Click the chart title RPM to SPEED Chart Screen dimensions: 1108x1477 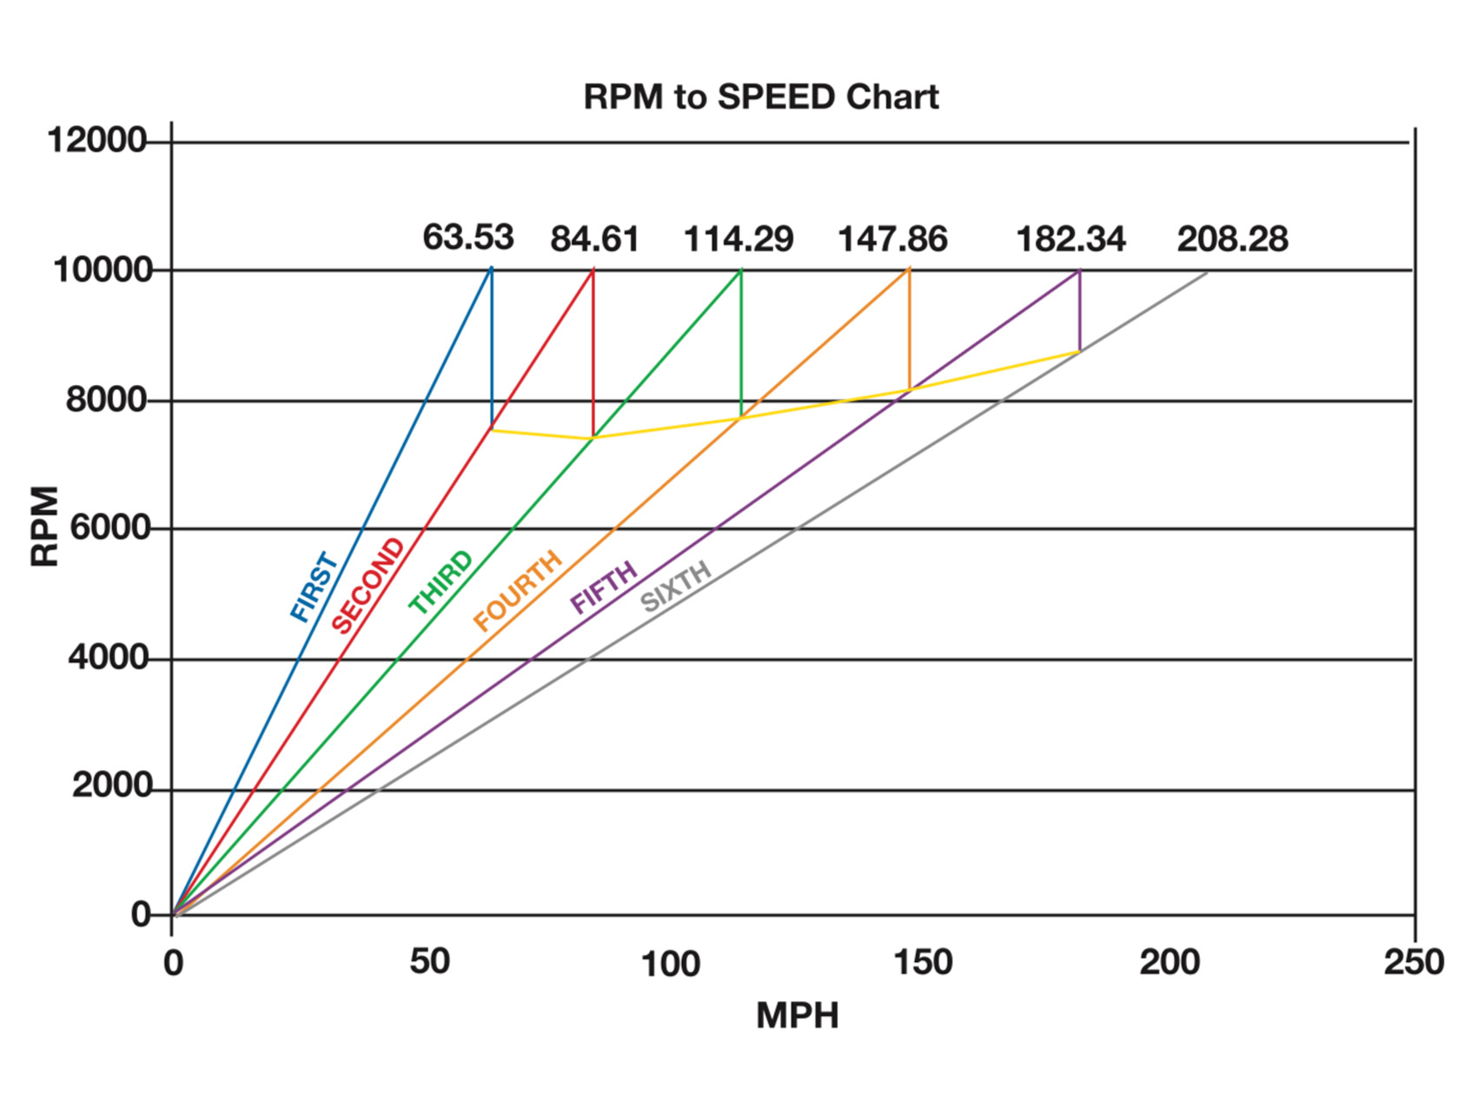760,96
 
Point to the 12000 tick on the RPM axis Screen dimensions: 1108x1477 96,140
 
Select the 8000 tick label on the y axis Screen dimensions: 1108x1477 107,400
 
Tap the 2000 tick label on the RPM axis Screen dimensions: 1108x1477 111,786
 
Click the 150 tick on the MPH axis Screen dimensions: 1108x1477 923,962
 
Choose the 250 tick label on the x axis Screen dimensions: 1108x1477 1414,962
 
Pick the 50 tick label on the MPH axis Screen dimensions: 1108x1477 429,962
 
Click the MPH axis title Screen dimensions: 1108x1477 797,1015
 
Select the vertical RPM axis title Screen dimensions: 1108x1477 45,527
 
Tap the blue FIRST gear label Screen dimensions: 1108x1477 314,587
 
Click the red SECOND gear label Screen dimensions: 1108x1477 368,586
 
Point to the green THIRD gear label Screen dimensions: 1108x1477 441,581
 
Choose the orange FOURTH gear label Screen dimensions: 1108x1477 518,591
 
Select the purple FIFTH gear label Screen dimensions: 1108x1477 604,587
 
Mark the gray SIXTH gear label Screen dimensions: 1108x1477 676,587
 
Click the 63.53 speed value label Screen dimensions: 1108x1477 468,237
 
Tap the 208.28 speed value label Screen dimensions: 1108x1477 1232,239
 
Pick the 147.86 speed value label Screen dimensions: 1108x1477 892,239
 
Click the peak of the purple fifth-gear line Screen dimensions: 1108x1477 1079,270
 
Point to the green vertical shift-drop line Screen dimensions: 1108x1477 741,343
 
